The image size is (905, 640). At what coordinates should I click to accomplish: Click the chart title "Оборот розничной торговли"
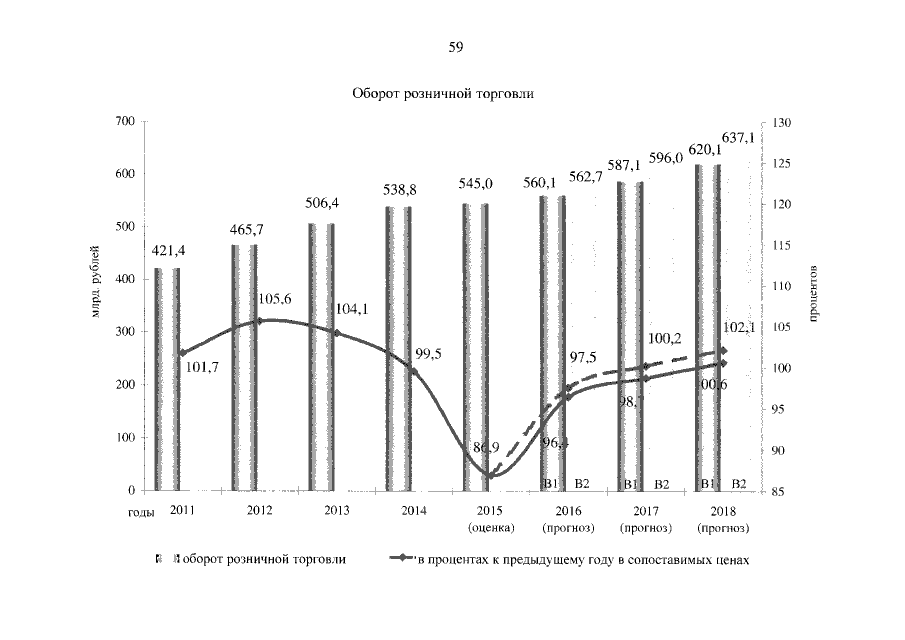[x=444, y=95]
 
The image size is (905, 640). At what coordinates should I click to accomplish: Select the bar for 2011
[x=168, y=380]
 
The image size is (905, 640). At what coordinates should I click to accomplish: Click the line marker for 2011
[x=181, y=353]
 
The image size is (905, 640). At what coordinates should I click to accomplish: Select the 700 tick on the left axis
[x=125, y=121]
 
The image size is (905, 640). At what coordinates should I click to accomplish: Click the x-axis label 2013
[x=337, y=511]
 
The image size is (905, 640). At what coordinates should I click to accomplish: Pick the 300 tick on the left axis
[x=125, y=332]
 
